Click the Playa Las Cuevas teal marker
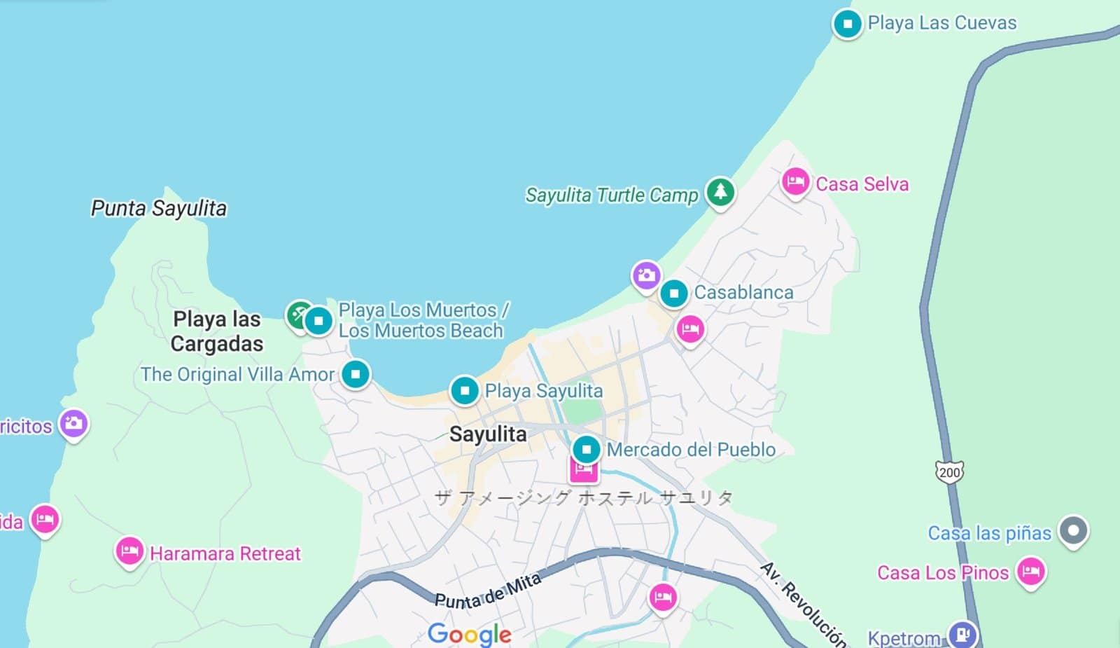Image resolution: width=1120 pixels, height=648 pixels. point(847,24)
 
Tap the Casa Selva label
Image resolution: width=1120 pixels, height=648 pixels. point(862,184)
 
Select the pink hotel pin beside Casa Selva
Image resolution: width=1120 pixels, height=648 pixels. point(795,182)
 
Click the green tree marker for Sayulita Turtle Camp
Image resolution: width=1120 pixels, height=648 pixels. point(720,191)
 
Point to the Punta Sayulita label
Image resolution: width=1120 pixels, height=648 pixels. point(159,208)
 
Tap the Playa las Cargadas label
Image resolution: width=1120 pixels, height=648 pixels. point(217,331)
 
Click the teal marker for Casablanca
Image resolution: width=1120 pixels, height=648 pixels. point(674,294)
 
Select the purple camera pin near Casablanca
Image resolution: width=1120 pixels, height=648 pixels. point(646,275)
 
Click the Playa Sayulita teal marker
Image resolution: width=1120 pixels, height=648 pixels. point(465,390)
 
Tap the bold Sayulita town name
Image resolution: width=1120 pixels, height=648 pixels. point(488,434)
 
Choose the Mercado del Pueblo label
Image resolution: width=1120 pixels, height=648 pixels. point(691,450)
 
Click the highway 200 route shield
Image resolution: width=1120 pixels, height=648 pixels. point(949,472)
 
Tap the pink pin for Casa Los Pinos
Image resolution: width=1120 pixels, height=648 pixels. point(1030,571)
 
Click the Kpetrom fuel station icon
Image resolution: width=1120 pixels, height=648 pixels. point(962,634)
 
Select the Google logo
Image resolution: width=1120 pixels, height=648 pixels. point(470,633)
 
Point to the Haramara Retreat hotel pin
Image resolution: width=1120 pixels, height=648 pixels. point(129,551)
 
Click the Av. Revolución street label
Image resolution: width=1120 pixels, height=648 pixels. point(804,603)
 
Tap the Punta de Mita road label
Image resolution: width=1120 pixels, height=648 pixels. point(488,591)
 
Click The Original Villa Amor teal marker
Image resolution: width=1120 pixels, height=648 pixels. point(356,374)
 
